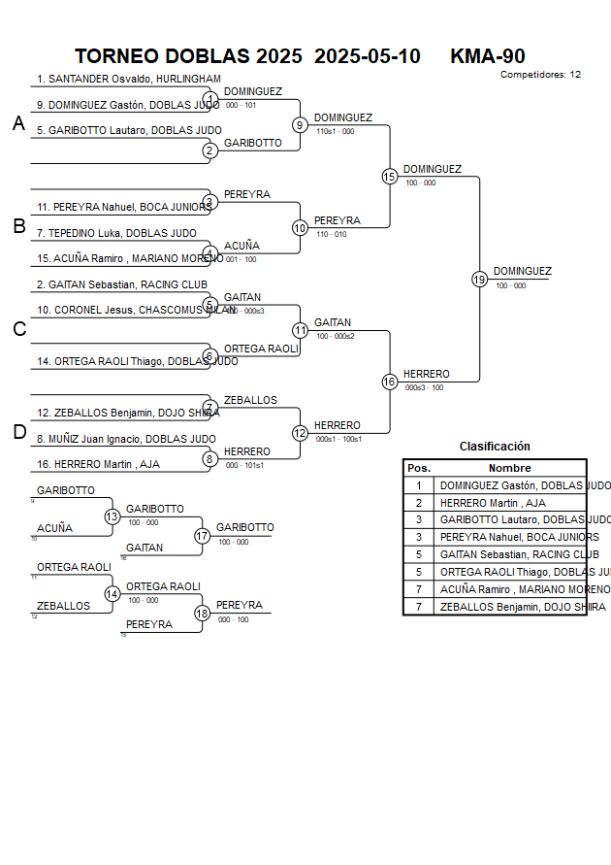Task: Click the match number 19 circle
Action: pos(479,279)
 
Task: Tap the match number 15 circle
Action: pos(389,176)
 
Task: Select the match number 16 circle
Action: pos(389,382)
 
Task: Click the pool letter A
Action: pos(18,123)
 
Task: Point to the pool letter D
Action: pos(18,432)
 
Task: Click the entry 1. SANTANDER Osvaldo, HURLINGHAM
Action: pos(129,79)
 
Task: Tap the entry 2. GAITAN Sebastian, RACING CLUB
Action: pos(122,284)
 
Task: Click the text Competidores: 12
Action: pos(540,74)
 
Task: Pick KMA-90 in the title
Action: pos(488,55)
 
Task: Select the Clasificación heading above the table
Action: pos(495,447)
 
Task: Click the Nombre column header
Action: pos(509,468)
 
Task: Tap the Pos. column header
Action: pos(419,468)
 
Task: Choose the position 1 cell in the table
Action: pos(419,485)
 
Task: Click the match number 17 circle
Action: pos(202,535)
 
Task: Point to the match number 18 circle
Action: pos(202,613)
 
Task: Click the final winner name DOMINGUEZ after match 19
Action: pos(522,271)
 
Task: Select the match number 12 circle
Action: pos(300,433)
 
